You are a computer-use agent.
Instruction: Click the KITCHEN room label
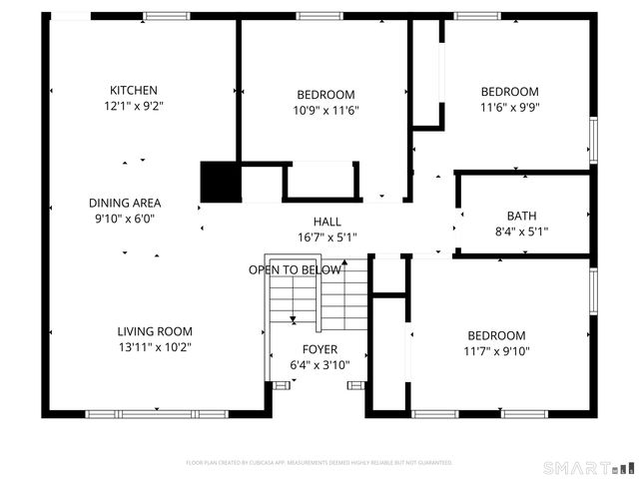pos(134,90)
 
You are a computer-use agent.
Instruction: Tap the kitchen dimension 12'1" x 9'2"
pos(134,106)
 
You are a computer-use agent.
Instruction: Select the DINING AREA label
pos(125,203)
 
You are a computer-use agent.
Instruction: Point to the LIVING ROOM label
pos(155,331)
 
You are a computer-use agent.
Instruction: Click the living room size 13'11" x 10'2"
pos(155,347)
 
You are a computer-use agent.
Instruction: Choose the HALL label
pos(326,222)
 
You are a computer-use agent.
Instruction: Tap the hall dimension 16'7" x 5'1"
pos(326,238)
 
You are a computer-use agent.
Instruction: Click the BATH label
pos(521,216)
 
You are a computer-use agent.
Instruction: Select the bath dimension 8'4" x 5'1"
pos(521,232)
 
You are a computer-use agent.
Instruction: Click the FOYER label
pos(319,349)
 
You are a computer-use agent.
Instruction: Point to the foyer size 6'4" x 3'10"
pos(319,365)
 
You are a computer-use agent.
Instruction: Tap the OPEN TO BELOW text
pos(295,270)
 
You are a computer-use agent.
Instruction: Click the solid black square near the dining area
pos(221,182)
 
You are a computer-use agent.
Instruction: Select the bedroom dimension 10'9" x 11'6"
pos(326,111)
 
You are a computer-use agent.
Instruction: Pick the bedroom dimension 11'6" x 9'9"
pos(509,108)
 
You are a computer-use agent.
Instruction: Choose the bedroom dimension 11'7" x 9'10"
pos(495,351)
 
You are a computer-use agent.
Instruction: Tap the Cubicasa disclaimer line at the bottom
pos(319,463)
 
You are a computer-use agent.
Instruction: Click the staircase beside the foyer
pos(318,299)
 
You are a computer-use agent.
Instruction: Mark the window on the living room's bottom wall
pos(156,413)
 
